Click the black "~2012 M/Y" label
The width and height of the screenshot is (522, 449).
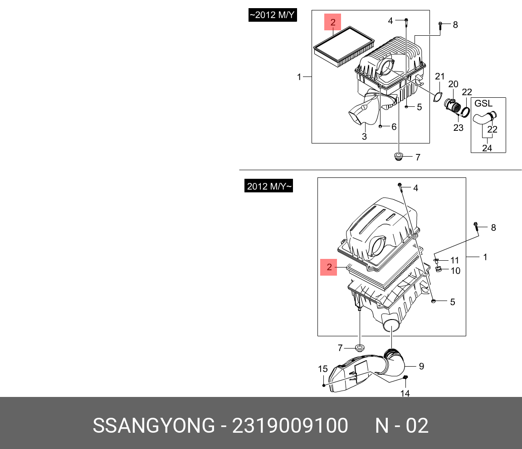click(272, 15)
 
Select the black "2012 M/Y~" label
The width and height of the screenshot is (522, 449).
click(268, 186)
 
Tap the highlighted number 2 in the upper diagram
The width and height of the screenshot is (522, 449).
click(332, 22)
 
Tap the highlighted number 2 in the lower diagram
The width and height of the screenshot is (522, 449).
click(329, 267)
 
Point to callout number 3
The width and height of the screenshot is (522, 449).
click(364, 137)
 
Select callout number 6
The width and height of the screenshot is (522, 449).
click(394, 127)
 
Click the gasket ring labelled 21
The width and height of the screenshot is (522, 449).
click(438, 96)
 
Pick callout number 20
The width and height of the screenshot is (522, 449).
click(453, 84)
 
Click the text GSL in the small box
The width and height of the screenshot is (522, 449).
click(483, 104)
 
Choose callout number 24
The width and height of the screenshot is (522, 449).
click(487, 148)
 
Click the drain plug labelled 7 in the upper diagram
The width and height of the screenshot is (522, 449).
click(399, 157)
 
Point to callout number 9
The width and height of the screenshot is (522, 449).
click(421, 366)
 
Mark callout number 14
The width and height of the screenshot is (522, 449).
click(405, 394)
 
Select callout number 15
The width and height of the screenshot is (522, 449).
click(322, 369)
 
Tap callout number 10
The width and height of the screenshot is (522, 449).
click(455, 271)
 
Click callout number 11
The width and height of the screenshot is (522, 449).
click(454, 260)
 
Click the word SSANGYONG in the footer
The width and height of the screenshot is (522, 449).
click(154, 426)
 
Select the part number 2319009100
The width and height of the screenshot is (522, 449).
click(290, 426)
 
